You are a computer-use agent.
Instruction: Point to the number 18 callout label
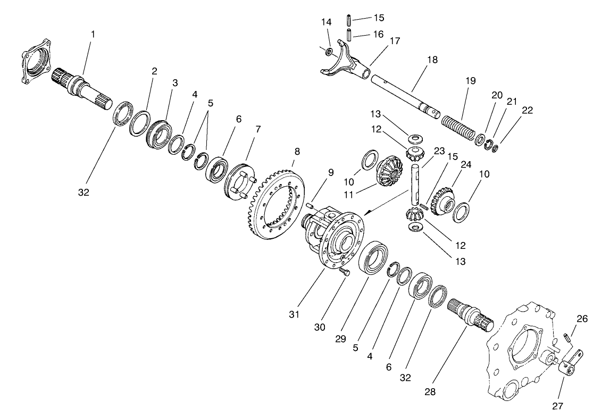432,60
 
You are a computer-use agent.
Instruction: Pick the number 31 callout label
294,314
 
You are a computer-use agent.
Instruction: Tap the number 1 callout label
93,34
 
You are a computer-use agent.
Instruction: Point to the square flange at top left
37,60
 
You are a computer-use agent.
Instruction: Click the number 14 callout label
326,22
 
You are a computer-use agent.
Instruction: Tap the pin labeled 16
349,37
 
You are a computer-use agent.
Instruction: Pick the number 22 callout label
527,110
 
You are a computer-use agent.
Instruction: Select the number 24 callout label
466,165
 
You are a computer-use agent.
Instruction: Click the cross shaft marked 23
416,186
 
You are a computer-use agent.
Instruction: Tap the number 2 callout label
154,71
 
